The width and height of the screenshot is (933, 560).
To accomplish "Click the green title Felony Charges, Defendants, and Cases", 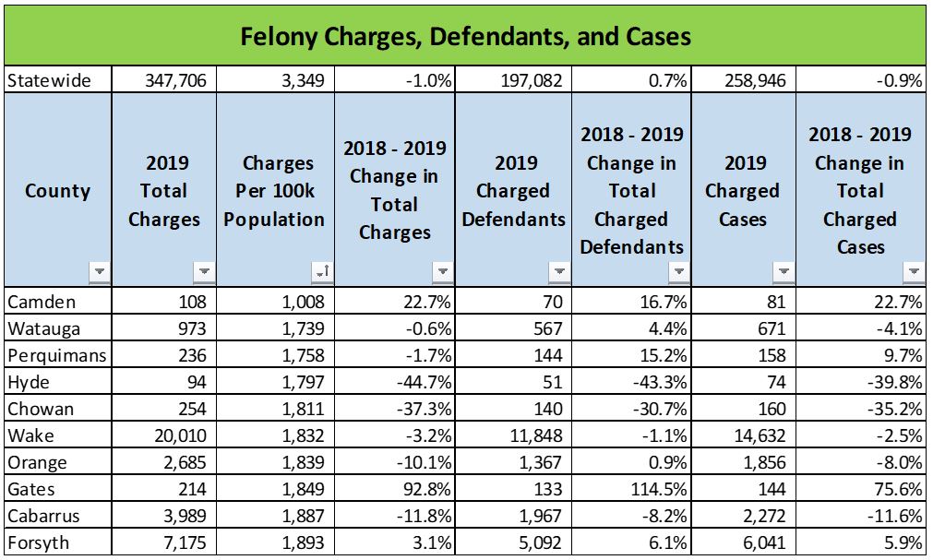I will pyautogui.click(x=465, y=36).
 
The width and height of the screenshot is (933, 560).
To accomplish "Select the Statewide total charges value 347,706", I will pyautogui.click(x=175, y=81).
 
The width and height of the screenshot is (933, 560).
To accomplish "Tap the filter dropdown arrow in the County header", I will pyautogui.click(x=99, y=272).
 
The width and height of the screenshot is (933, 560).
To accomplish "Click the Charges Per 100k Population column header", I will pyautogui.click(x=278, y=191).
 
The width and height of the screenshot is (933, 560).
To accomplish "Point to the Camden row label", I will pyautogui.click(x=41, y=302).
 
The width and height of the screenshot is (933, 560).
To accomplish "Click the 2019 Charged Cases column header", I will pyautogui.click(x=742, y=191).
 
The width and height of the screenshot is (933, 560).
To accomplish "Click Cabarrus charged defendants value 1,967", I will pyautogui.click(x=537, y=515).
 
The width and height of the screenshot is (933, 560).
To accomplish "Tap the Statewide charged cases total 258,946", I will pyautogui.click(x=754, y=81).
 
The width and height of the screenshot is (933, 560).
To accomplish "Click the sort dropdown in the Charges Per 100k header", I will pyautogui.click(x=320, y=272).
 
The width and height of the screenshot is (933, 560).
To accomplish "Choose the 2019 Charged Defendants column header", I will pyautogui.click(x=515, y=191).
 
